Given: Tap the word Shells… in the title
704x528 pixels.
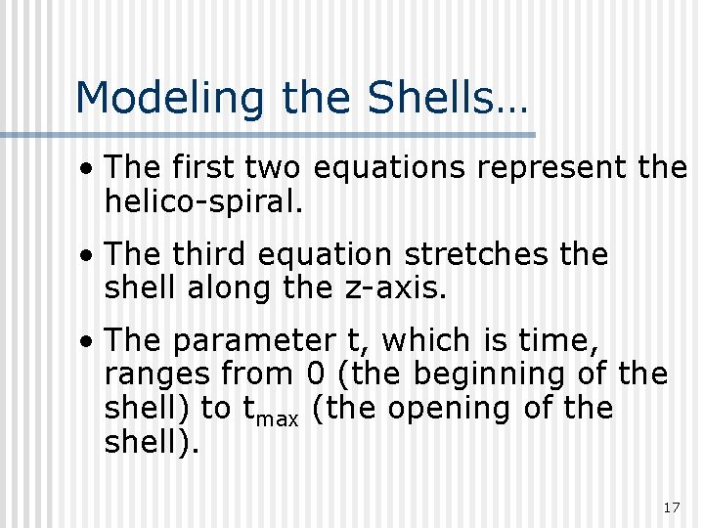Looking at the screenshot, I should [x=447, y=99].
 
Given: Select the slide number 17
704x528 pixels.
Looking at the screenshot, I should [x=671, y=507].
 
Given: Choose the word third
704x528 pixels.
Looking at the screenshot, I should [x=209, y=255].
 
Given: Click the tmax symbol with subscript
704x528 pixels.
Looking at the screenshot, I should [x=272, y=411].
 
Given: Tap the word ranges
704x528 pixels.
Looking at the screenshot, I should [x=157, y=374].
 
